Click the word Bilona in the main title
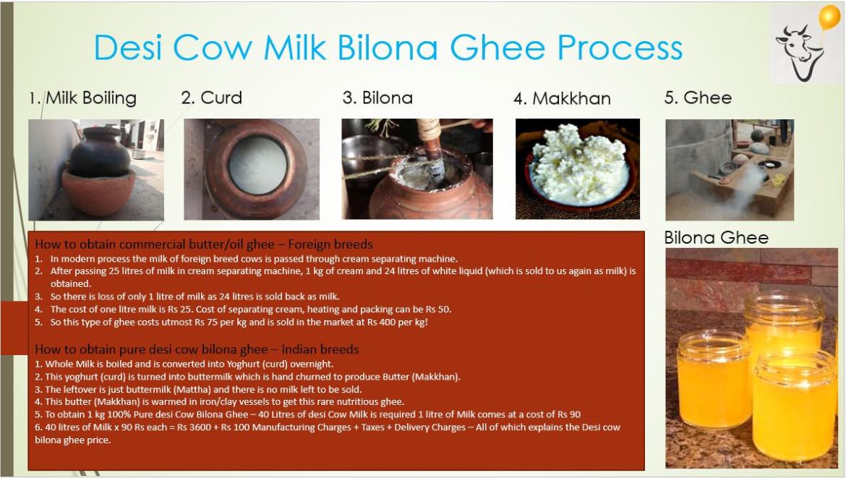pyautogui.click(x=388, y=48)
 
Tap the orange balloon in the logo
pyautogui.click(x=829, y=17)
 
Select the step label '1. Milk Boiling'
pyautogui.click(x=82, y=98)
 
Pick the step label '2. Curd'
pyautogui.click(x=211, y=98)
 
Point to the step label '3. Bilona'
pyautogui.click(x=377, y=98)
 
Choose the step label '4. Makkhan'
pyautogui.click(x=563, y=98)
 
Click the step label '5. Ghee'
pyautogui.click(x=698, y=98)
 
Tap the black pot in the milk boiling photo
pyautogui.click(x=100, y=152)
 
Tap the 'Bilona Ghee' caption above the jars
pyautogui.click(x=716, y=237)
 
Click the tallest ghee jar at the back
pyautogui.click(x=784, y=324)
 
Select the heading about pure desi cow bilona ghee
pyautogui.click(x=197, y=349)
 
